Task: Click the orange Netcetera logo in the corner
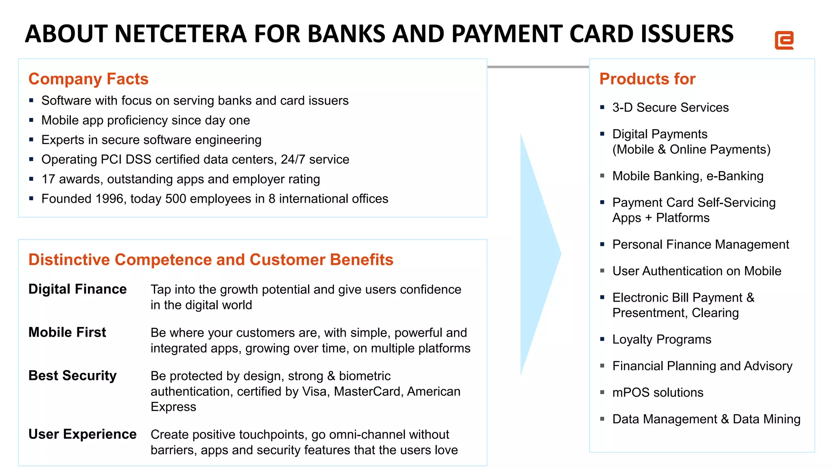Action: coord(784,40)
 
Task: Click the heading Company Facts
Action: coord(88,79)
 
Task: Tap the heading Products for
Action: coord(647,79)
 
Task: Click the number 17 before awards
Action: coord(48,179)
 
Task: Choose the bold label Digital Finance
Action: coord(77,289)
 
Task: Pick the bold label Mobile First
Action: coord(67,332)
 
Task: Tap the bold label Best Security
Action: coord(72,375)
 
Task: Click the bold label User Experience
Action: coord(82,434)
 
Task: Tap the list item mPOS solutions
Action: coord(658,392)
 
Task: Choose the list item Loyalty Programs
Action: coord(662,340)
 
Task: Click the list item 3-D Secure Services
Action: coord(670,107)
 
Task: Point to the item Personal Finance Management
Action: coord(700,244)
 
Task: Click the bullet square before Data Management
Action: coord(602,419)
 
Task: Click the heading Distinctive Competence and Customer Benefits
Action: coord(211,260)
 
